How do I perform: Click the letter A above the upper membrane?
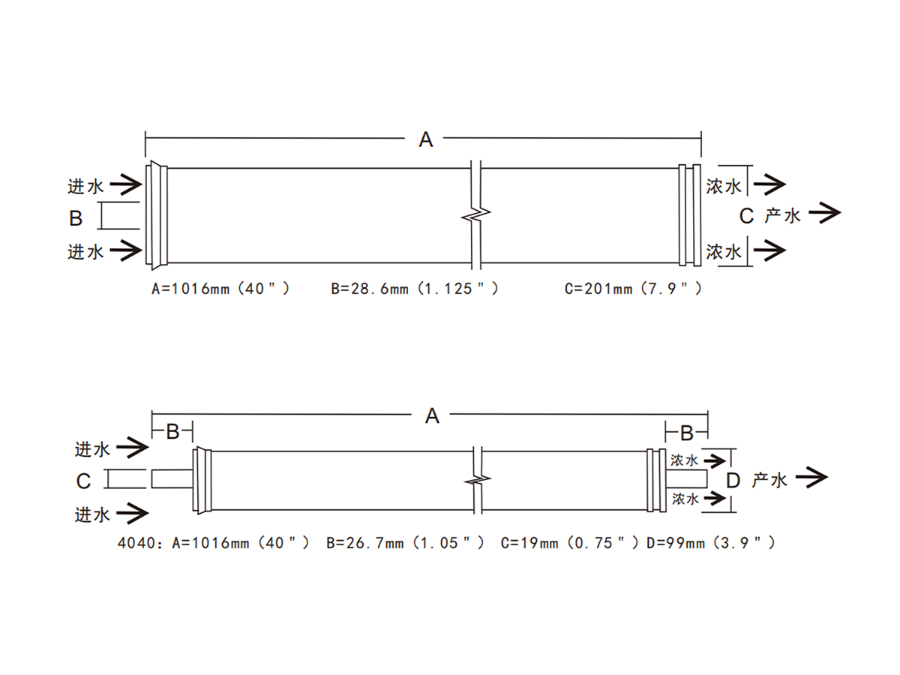(x=425, y=139)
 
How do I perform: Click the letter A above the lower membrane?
(x=432, y=416)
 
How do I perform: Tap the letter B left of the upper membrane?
(x=76, y=218)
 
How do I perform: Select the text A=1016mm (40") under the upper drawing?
(x=220, y=289)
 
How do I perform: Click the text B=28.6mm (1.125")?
(x=415, y=289)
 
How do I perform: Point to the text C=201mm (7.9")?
(x=633, y=289)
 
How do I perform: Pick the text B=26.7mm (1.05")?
(x=405, y=543)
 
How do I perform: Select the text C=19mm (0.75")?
(x=569, y=543)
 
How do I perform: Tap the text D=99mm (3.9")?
(x=710, y=543)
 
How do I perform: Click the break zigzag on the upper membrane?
(x=476, y=214)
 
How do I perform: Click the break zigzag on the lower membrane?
(x=478, y=478)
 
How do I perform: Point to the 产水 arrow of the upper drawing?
(x=824, y=213)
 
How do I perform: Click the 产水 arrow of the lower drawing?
(x=811, y=477)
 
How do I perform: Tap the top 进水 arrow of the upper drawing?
(x=126, y=184)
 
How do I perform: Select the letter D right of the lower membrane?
(x=733, y=480)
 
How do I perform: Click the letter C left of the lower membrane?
(x=83, y=481)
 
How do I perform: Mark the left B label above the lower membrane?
(x=172, y=431)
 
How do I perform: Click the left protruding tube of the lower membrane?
(x=172, y=478)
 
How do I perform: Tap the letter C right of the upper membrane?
(x=746, y=217)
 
